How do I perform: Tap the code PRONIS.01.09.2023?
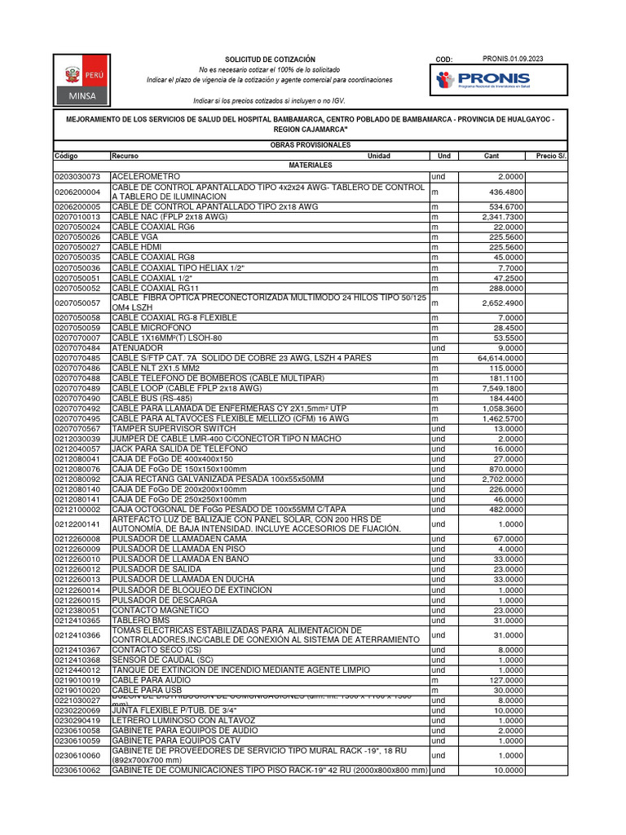[x=513, y=59]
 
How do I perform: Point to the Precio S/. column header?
[x=552, y=156]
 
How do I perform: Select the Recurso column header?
[x=126, y=156]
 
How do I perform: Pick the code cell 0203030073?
[x=77, y=176]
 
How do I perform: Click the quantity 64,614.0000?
[x=500, y=358]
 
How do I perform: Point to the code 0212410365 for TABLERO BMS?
[x=77, y=621]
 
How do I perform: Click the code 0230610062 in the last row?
[x=77, y=770]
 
